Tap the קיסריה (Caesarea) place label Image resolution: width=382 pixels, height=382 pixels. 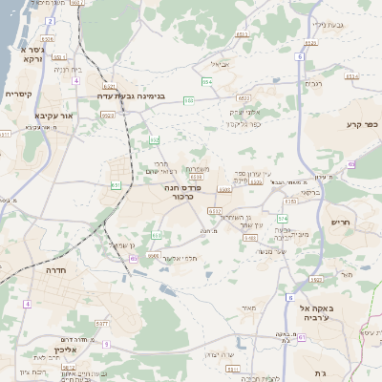coord(19,95)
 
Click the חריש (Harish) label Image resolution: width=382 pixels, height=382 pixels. coord(341,223)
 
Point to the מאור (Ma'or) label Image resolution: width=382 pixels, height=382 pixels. coord(250,308)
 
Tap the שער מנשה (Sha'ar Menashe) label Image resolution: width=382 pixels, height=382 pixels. coord(251,251)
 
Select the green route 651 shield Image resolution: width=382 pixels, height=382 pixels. coord(117,184)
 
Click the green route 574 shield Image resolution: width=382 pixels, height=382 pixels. coord(283,218)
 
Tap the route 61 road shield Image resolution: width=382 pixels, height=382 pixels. coord(302,336)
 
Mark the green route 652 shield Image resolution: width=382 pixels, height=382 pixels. coord(155,140)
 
